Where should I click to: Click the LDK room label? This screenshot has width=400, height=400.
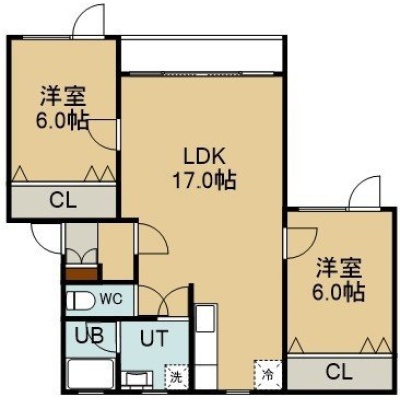(205, 157)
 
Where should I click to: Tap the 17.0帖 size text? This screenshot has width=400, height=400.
(204, 180)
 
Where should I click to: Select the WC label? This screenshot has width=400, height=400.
(111, 299)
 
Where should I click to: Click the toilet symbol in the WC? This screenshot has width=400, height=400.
(80, 301)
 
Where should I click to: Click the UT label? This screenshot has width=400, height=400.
(153, 338)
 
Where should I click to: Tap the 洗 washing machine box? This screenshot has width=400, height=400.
(176, 377)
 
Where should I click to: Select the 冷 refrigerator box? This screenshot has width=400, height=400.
(268, 374)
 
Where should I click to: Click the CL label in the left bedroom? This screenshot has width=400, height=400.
(63, 200)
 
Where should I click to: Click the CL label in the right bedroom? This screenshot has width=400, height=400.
(339, 372)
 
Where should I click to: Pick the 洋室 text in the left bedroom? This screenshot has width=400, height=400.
(63, 96)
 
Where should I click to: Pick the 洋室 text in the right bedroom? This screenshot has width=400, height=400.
(339, 268)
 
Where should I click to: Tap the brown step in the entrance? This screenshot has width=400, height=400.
(82, 274)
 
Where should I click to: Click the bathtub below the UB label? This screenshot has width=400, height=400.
(90, 375)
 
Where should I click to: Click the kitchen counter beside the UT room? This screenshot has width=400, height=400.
(206, 346)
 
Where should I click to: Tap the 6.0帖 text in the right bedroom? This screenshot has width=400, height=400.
(338, 292)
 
